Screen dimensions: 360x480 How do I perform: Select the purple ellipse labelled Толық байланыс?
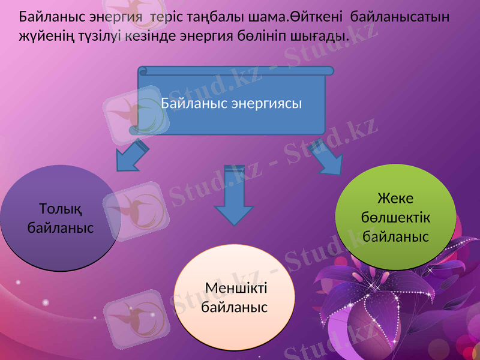[60, 219]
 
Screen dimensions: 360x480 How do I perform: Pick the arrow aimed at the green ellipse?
[327, 157]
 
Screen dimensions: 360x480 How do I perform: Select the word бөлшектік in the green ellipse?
[395, 217]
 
